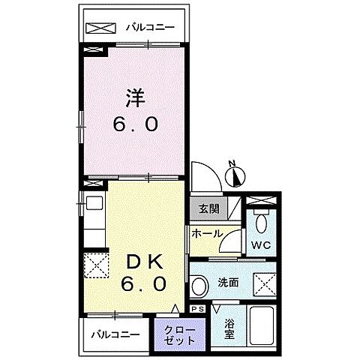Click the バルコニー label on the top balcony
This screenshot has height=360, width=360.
point(150,28)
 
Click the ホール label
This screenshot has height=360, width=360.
point(206,233)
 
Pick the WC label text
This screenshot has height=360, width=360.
point(261,246)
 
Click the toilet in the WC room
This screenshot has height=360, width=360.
point(261,222)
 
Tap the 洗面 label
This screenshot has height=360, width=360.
point(229,283)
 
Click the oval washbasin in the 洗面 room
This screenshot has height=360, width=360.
point(199,286)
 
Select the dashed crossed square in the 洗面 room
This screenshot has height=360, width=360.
point(265,284)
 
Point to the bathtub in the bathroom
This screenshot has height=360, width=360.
point(262,327)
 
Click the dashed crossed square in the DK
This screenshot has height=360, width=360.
point(96,265)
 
